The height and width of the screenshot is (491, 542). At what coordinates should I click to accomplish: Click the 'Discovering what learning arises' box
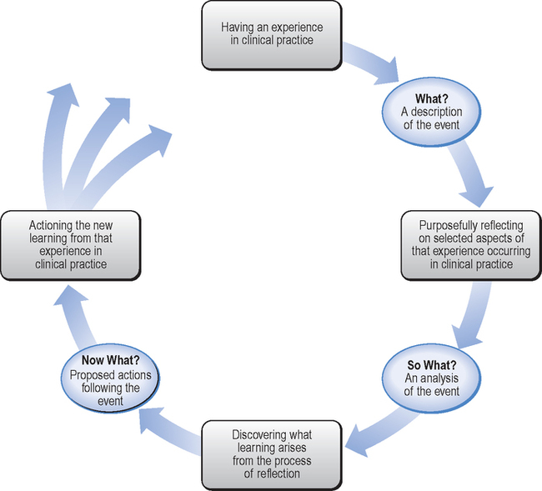pyautogui.click(x=272, y=452)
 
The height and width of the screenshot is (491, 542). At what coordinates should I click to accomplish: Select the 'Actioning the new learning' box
pyautogui.click(x=71, y=243)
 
